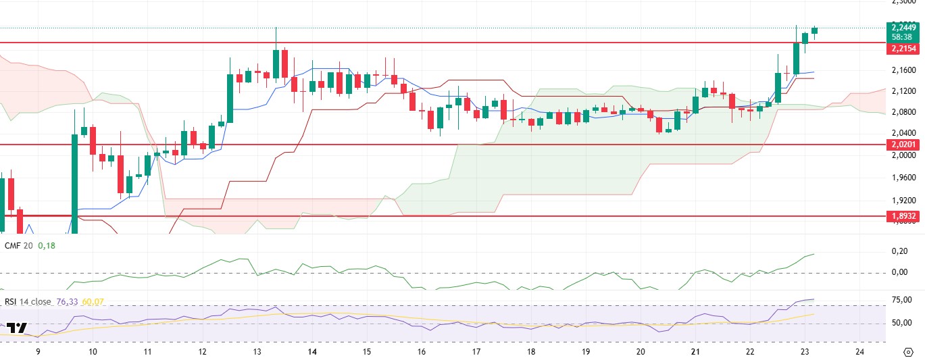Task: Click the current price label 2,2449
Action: (x=903, y=28)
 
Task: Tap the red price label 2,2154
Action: (x=903, y=49)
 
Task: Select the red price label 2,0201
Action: (x=903, y=145)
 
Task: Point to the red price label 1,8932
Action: (x=903, y=216)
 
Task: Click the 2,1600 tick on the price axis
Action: (x=903, y=70)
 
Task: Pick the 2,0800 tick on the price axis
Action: (x=903, y=112)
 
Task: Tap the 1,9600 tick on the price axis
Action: (x=903, y=178)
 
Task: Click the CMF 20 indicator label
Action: (x=19, y=246)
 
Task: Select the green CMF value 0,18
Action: (x=47, y=246)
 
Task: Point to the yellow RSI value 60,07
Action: (x=93, y=302)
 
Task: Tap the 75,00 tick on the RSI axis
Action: (x=901, y=300)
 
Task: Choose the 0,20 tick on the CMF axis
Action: (x=899, y=251)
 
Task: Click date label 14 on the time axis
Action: (x=313, y=352)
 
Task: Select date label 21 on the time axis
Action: (x=695, y=352)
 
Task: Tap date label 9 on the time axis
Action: (x=38, y=352)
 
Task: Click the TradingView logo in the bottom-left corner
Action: (x=17, y=329)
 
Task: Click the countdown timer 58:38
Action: (x=903, y=37)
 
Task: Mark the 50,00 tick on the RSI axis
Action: (x=901, y=323)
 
